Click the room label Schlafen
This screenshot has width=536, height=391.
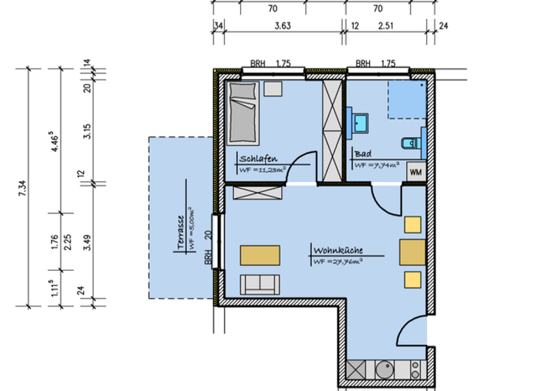pos(255,158)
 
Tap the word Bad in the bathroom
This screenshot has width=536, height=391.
pos(362,154)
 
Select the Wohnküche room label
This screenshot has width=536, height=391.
pos(338,249)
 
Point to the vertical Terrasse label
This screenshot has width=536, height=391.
pos(180,232)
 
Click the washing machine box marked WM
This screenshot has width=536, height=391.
pos(416,171)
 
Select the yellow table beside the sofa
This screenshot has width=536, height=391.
pos(260,256)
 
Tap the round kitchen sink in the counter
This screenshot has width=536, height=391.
pos(384,368)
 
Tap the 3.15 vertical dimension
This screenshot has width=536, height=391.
pos(87,131)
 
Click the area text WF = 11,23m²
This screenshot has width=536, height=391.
pos(262,169)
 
